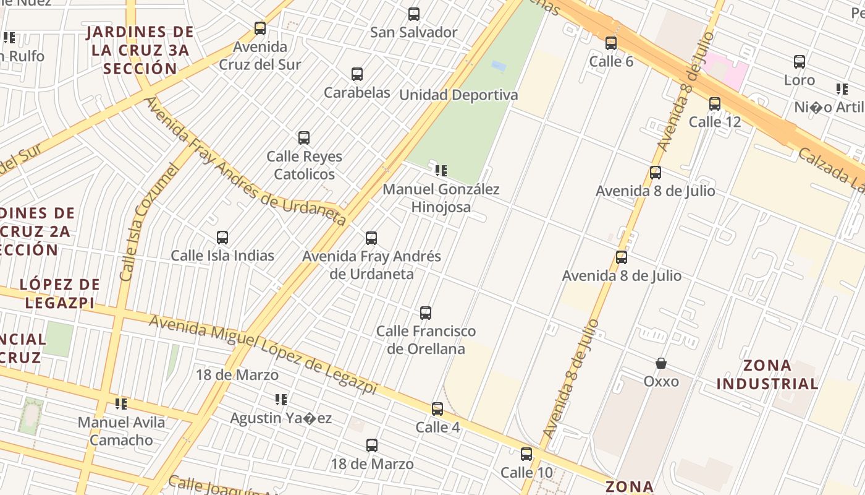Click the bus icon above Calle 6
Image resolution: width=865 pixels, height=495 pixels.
click(x=611, y=43)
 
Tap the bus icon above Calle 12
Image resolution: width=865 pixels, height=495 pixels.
click(x=715, y=104)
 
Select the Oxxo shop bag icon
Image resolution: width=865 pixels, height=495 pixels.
click(x=661, y=363)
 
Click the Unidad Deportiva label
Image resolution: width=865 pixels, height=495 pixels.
click(x=458, y=95)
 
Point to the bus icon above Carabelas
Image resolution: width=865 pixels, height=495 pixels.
click(x=357, y=74)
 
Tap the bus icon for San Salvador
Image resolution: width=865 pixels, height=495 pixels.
click(x=414, y=14)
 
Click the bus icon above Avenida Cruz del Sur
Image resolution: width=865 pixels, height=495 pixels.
click(x=260, y=28)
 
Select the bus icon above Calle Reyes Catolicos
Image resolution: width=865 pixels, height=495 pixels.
click(x=304, y=138)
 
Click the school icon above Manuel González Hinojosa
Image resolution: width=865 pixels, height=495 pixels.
click(x=441, y=170)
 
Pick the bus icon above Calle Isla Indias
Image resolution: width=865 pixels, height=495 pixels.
click(x=222, y=238)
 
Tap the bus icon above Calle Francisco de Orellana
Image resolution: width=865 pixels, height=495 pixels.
click(x=426, y=313)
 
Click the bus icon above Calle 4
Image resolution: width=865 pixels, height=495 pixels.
click(x=437, y=409)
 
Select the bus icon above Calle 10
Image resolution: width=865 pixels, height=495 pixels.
click(x=526, y=454)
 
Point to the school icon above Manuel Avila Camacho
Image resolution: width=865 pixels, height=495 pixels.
click(x=121, y=404)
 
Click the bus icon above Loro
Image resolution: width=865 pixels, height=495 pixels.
click(x=800, y=62)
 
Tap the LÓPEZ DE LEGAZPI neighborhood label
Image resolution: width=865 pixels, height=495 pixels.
click(x=59, y=293)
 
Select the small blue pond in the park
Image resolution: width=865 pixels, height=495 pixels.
click(x=499, y=65)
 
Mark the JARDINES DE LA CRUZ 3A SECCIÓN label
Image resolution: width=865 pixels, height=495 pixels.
click(x=140, y=50)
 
